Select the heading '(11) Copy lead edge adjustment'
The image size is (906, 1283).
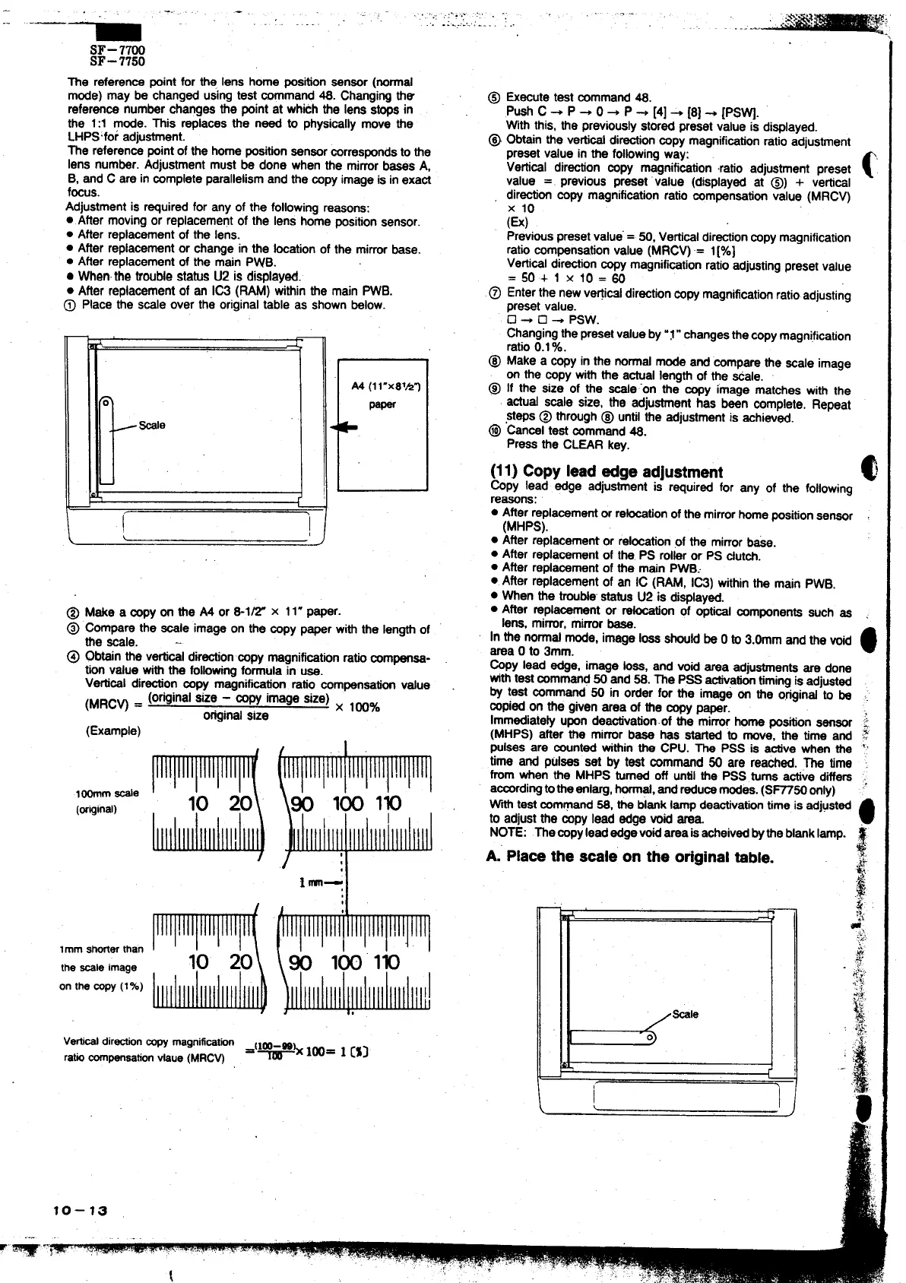pos(607,471)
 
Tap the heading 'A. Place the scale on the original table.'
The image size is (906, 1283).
pos(629,857)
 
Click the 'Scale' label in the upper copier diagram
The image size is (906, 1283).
pos(151,425)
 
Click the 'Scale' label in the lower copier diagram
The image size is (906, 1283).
pos(685,1014)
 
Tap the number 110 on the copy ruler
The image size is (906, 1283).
pos(386,962)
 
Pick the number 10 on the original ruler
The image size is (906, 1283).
pos(198,804)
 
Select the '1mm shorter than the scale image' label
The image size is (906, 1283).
pos(101,958)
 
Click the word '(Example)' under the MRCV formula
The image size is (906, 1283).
pos(113,731)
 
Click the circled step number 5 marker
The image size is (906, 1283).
pos(493,97)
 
